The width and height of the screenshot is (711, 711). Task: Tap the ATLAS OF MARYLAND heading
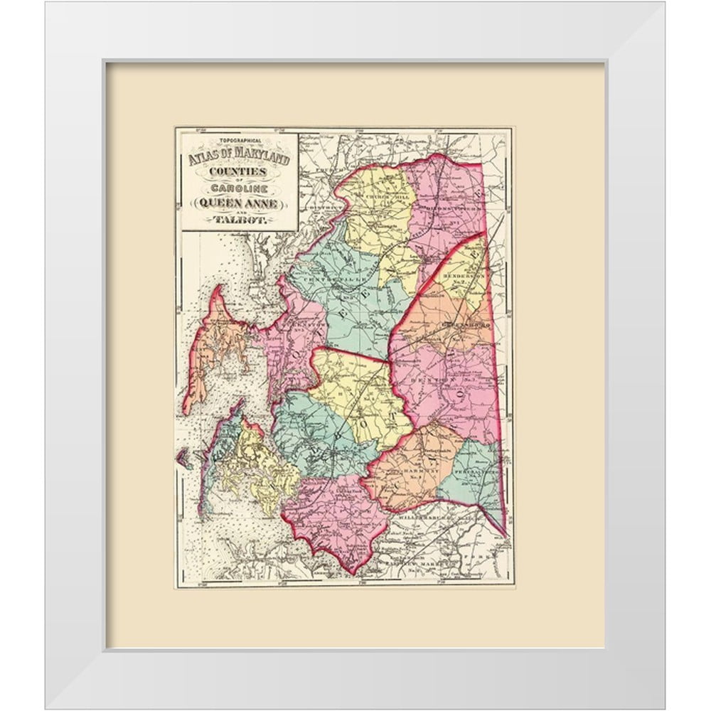(238, 158)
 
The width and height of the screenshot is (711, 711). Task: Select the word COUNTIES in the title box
(238, 173)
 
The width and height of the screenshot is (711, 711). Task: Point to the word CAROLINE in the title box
(238, 189)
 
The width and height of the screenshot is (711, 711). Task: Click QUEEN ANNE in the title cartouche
(238, 202)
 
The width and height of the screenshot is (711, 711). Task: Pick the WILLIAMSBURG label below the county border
(424, 520)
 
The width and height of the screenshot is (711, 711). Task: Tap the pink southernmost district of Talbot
(334, 519)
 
